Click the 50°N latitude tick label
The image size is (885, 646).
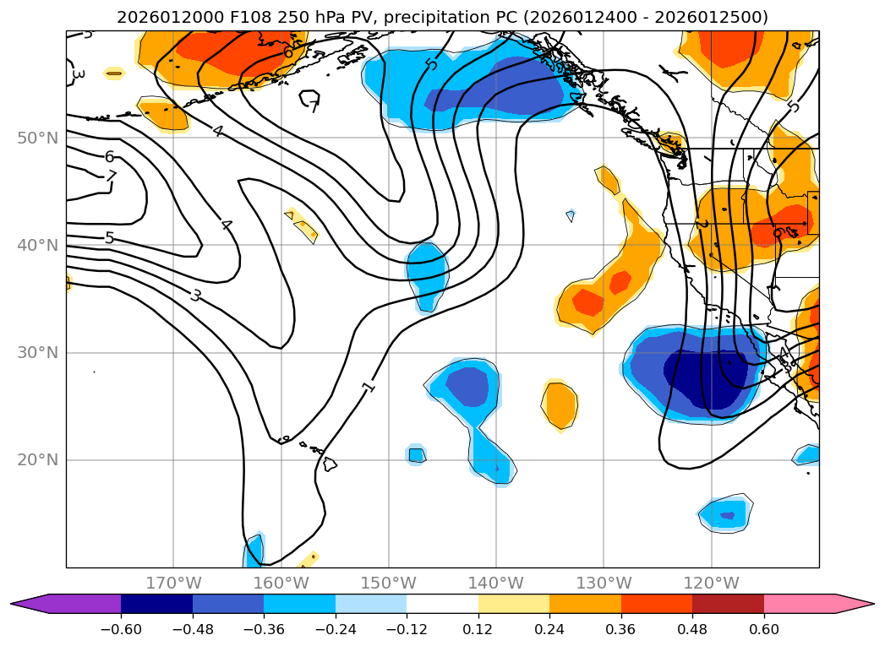pyautogui.click(x=37, y=138)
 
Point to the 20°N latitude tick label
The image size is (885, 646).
pyautogui.click(x=37, y=460)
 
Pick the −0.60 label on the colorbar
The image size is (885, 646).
pyautogui.click(x=121, y=629)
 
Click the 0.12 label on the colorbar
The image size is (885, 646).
pyautogui.click(x=478, y=629)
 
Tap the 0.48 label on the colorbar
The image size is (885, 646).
pyautogui.click(x=692, y=629)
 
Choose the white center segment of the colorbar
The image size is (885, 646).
pyautogui.click(x=442, y=604)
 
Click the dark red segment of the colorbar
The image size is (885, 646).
pyautogui.click(x=728, y=604)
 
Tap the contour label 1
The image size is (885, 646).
pyautogui.click(x=369, y=387)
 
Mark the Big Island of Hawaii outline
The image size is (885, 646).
pyautogui.click(x=331, y=464)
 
